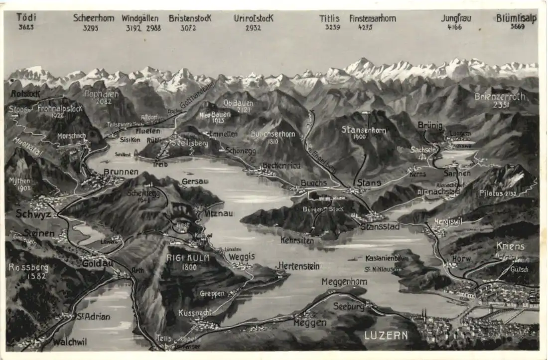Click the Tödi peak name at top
click(26, 17)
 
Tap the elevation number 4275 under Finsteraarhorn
click(365, 27)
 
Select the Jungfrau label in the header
click(456, 18)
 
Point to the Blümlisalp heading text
click(516, 18)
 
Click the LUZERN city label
click(386, 335)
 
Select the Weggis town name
click(242, 256)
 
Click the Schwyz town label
click(33, 214)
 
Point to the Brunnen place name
click(121, 172)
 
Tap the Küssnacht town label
click(195, 313)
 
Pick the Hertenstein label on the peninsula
click(299, 266)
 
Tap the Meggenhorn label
click(344, 282)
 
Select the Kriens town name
click(510, 246)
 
